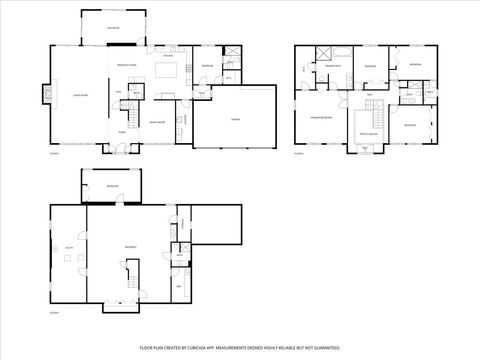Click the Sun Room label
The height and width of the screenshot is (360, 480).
point(114,29)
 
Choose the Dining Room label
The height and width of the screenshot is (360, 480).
point(157,122)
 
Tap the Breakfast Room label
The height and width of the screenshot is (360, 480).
point(127,64)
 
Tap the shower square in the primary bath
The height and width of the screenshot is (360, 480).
point(323,54)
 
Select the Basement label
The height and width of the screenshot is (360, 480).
point(131,247)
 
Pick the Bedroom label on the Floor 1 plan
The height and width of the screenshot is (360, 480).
point(112,186)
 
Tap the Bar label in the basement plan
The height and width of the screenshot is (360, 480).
point(181,286)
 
